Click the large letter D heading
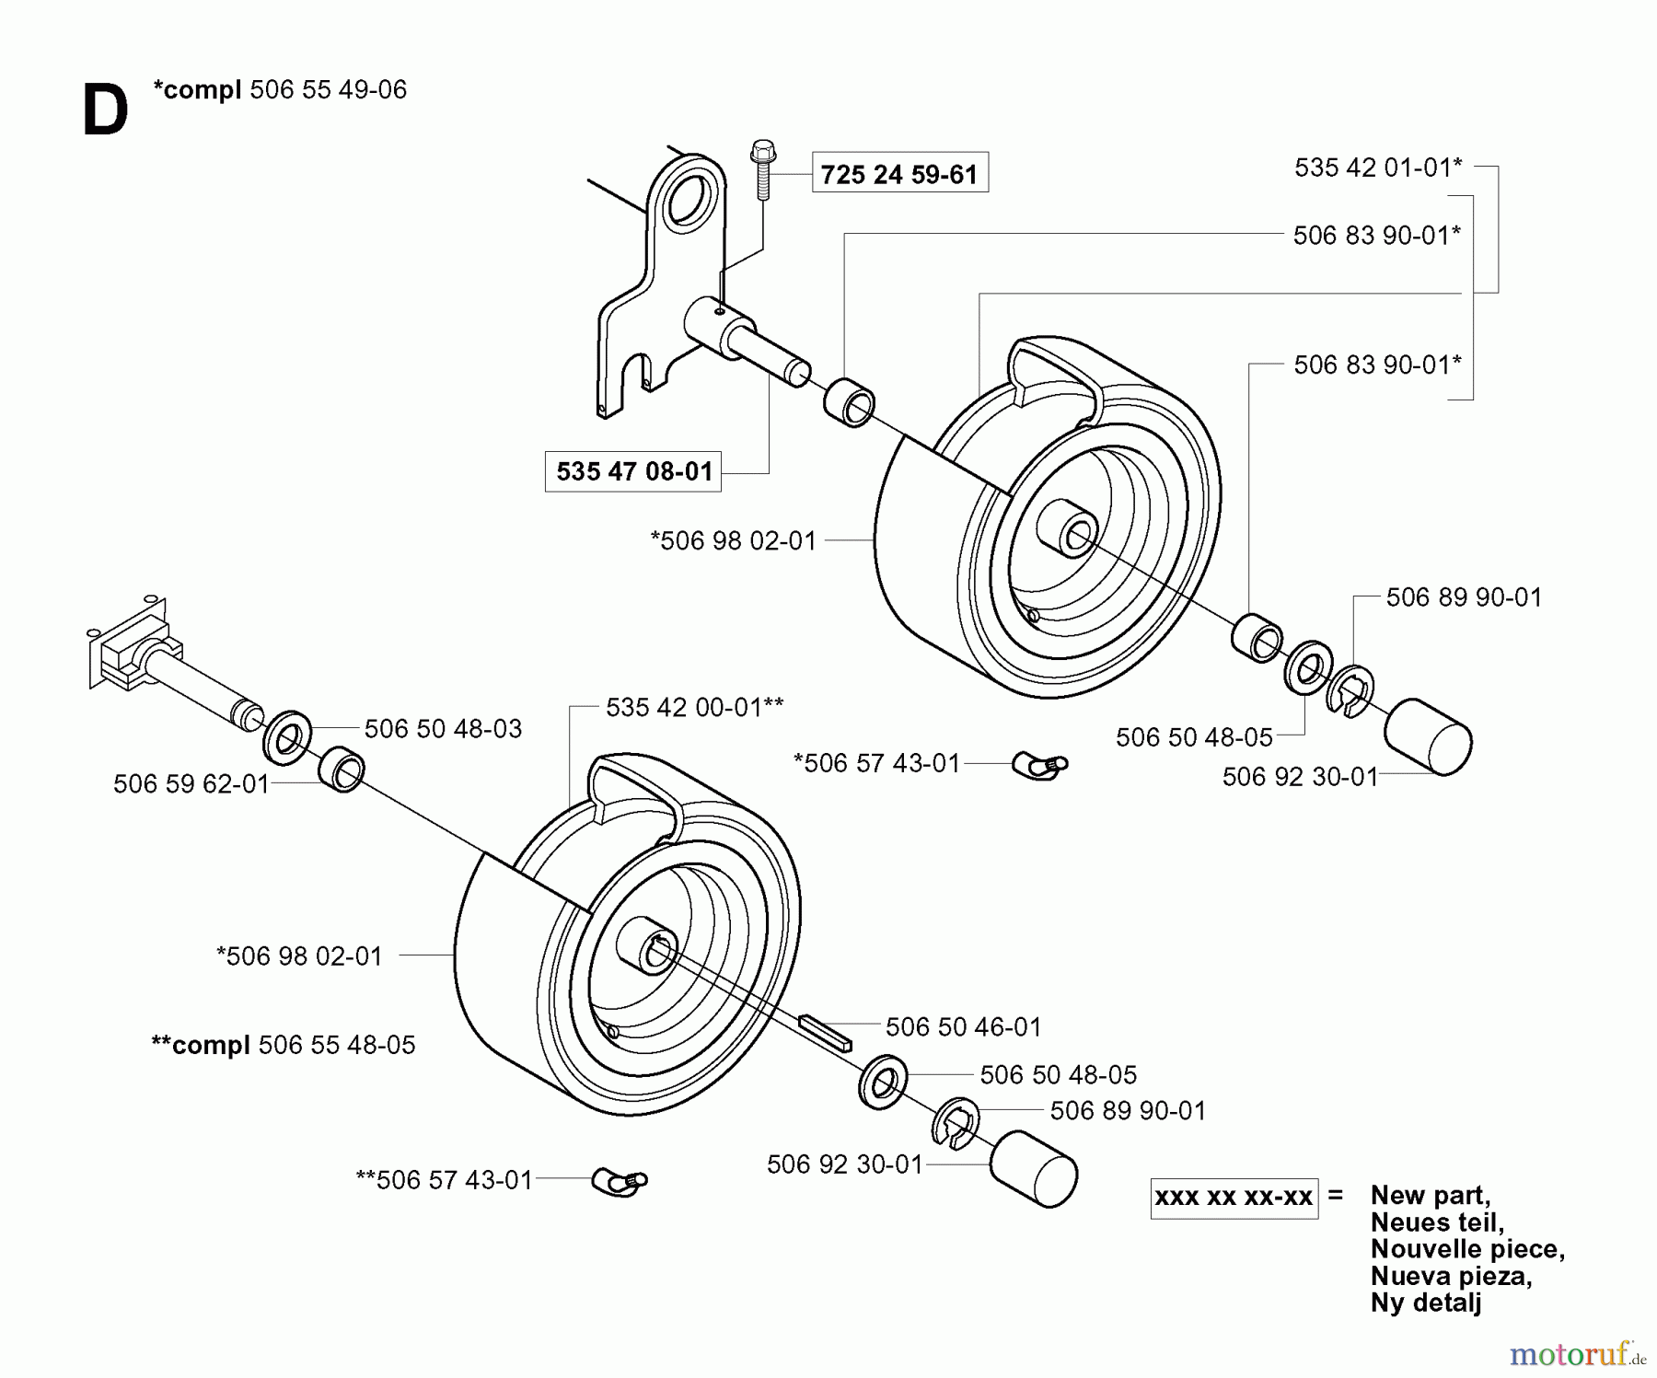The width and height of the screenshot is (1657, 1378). (105, 111)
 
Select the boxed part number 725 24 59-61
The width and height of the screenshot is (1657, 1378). (899, 173)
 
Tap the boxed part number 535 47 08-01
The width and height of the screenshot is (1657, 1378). (633, 471)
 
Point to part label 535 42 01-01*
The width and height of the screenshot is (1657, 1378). (1377, 168)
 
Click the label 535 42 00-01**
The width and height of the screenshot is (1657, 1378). (694, 707)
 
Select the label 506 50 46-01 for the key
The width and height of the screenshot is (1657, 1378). (963, 1026)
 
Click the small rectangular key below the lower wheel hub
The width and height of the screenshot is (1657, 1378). (827, 1033)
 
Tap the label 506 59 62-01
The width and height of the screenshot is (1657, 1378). (191, 784)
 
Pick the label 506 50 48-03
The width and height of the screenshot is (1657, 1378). (443, 729)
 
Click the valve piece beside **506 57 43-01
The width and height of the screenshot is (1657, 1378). (620, 1181)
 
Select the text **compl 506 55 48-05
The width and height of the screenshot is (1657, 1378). (284, 1045)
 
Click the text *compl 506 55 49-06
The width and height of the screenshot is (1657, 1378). (280, 89)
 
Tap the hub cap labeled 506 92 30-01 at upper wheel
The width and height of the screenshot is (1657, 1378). (1427, 736)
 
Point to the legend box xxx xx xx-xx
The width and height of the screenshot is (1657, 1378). (1234, 1198)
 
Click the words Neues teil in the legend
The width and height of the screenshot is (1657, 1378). (1436, 1222)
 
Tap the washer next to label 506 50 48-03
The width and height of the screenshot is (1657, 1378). (286, 738)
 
